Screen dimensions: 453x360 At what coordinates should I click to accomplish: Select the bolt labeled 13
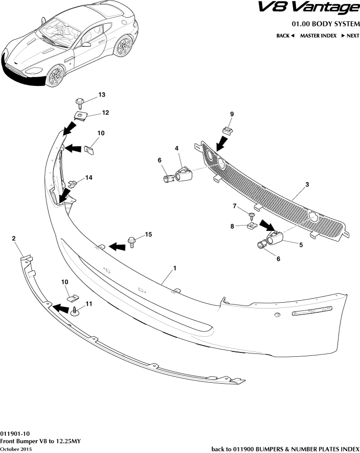coord(80,103)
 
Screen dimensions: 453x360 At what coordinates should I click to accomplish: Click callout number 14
coord(88,178)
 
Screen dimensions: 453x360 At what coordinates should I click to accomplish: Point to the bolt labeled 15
coord(132,241)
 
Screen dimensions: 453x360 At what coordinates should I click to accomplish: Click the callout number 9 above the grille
coord(232,114)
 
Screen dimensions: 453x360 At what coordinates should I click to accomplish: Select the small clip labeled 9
coord(227,130)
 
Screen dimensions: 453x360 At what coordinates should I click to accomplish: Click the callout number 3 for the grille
coord(307,185)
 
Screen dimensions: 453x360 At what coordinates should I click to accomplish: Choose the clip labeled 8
coord(252,226)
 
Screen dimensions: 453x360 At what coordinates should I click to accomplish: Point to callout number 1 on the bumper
coord(174,268)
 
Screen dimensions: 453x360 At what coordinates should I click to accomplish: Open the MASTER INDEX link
coord(318,36)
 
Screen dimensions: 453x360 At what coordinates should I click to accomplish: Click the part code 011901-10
coord(15,433)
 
